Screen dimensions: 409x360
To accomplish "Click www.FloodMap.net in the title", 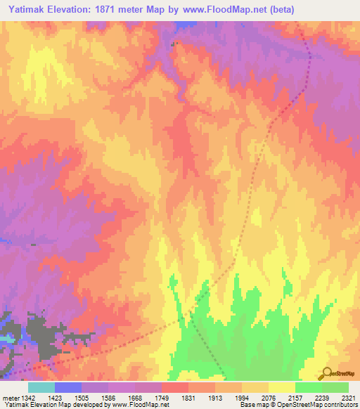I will point(223,10).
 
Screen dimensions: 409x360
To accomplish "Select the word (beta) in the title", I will point(279,10).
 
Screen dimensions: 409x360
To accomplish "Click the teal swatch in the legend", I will point(41,387).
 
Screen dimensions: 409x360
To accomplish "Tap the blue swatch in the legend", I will point(68,387).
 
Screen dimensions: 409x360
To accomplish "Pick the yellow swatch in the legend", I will point(281,387).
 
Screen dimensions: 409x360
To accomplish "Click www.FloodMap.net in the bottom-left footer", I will point(138,405).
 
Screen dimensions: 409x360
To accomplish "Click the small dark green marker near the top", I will point(175,44).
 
